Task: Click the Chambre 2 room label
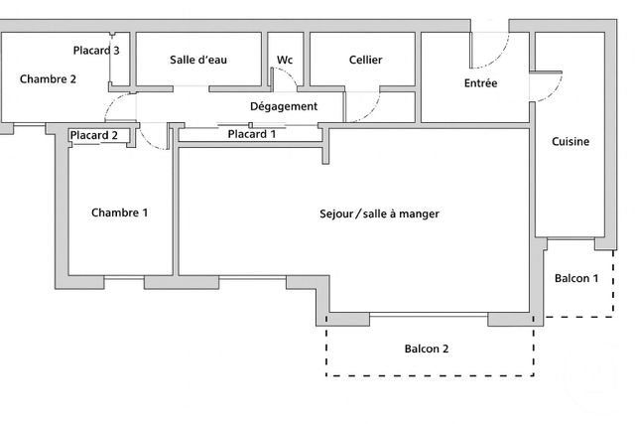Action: (x=49, y=80)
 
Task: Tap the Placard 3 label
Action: (x=97, y=50)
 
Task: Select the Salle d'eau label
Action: (x=198, y=60)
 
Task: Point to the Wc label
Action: (x=285, y=60)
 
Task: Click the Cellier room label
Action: (x=366, y=60)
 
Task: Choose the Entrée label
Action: (x=480, y=84)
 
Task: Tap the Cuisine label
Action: (x=571, y=141)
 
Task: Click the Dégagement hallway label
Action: (x=284, y=106)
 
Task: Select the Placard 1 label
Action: (x=252, y=134)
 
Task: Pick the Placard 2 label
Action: (x=94, y=136)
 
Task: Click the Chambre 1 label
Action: (x=120, y=212)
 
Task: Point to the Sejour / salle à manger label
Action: (x=379, y=213)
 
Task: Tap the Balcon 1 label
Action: (x=576, y=278)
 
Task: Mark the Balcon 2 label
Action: (x=427, y=349)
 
